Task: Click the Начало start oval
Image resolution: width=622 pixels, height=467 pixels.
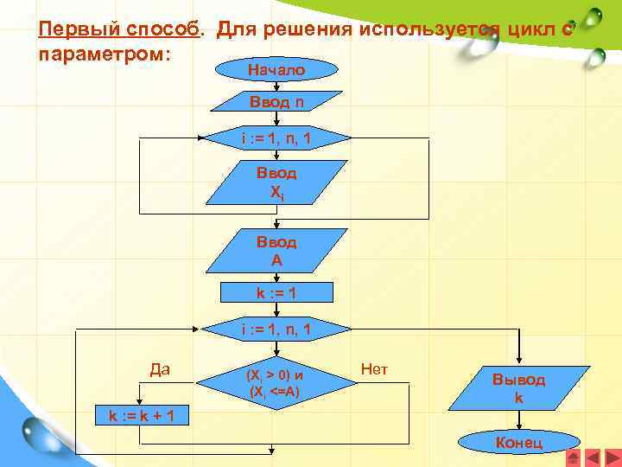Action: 276,69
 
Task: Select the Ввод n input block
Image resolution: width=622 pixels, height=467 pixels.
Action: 276,103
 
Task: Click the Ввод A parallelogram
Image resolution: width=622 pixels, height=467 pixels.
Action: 276,250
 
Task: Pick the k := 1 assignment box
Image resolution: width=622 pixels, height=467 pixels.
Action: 276,293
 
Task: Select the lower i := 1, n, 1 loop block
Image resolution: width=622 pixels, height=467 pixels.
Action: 276,329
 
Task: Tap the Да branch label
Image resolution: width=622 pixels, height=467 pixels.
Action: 160,369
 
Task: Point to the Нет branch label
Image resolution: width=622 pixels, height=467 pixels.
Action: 374,369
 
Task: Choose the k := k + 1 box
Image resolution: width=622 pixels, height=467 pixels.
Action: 143,414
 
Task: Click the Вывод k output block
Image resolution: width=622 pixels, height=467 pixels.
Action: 518,386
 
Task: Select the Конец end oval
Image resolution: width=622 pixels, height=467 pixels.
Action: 518,443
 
